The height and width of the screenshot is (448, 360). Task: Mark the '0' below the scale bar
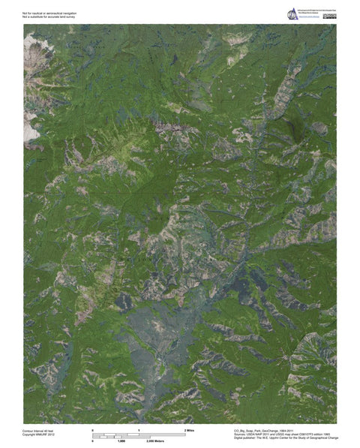tap(92, 440)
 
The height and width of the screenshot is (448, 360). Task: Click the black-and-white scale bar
tap(139, 434)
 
